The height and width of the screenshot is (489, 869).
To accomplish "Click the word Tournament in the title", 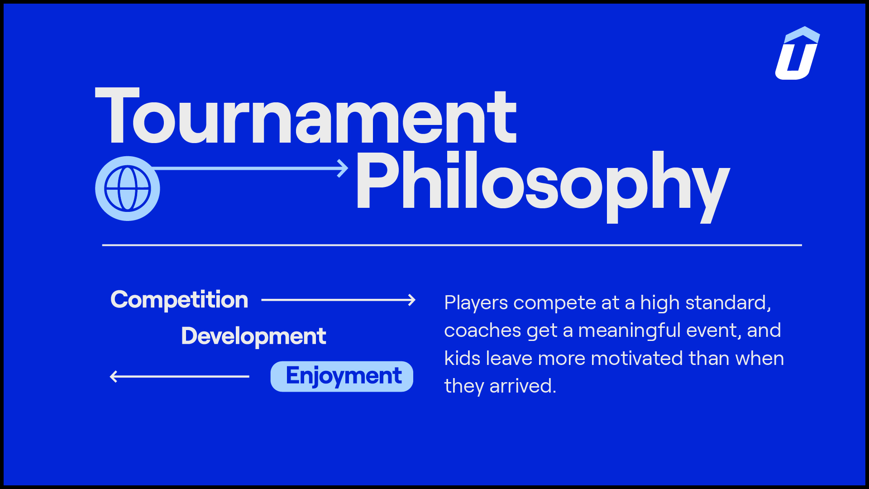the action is [306, 116].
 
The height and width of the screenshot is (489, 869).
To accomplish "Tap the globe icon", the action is [128, 188].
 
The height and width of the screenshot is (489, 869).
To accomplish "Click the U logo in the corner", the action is [797, 53].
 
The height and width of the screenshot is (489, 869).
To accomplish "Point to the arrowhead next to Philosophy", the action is [344, 168].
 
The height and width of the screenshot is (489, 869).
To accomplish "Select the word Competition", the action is [179, 300].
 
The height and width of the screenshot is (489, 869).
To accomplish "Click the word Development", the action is [253, 336].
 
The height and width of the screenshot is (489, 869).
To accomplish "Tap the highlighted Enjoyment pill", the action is [342, 376].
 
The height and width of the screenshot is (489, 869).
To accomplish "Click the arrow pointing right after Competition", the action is [338, 300].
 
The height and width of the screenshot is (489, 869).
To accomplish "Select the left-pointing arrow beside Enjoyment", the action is [180, 376].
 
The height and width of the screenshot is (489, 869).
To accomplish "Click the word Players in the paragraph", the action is [476, 303].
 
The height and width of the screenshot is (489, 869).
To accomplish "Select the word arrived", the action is [523, 386].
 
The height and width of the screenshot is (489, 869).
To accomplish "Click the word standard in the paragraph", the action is [728, 303].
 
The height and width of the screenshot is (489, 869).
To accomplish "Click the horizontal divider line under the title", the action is [452, 245].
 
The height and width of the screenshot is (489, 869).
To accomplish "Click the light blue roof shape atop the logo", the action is [802, 35].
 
